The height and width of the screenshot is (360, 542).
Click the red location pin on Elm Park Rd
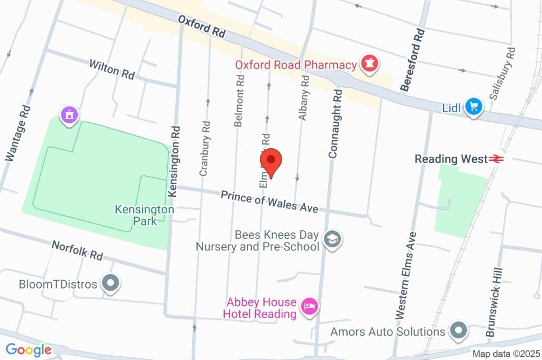[272, 162]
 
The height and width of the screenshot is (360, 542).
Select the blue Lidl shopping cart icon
[473, 107]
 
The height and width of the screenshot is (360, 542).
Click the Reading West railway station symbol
[496, 158]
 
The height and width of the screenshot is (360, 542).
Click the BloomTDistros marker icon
[111, 284]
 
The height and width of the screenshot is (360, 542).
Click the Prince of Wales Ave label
[269, 202]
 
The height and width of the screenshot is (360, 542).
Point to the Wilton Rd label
[112, 69]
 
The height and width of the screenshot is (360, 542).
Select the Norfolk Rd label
[77, 250]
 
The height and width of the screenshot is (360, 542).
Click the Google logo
[29, 349]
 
